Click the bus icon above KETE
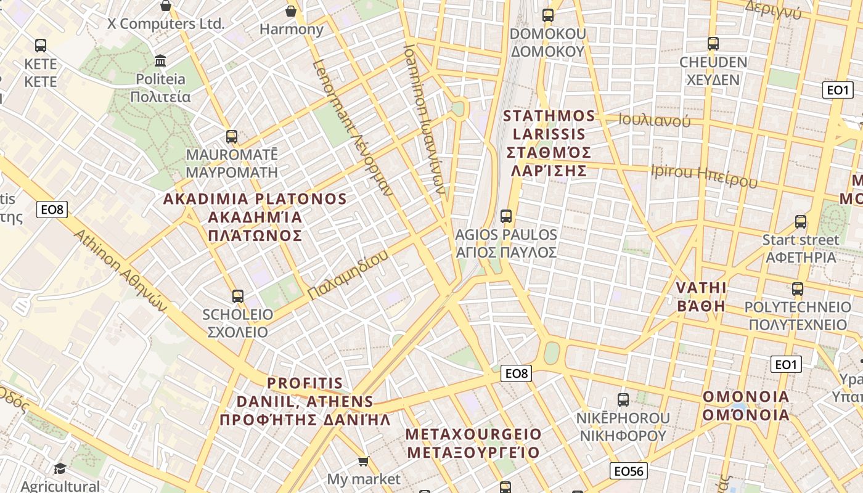pos(41,45)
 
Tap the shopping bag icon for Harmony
pos(291,11)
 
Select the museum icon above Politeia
pos(161,60)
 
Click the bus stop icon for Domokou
pos(547,15)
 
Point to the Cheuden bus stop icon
pos(713,44)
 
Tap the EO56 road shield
pos(629,471)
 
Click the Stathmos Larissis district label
pos(549,143)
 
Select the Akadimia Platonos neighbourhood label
pos(255,217)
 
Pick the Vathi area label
pos(701,296)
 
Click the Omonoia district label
pos(746,405)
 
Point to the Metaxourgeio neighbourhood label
pos(473,443)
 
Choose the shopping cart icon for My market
pos(364,461)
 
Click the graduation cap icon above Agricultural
pos(60,469)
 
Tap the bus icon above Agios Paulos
pos(506,216)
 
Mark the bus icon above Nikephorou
pos(623,400)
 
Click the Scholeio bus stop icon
pos(238,296)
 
